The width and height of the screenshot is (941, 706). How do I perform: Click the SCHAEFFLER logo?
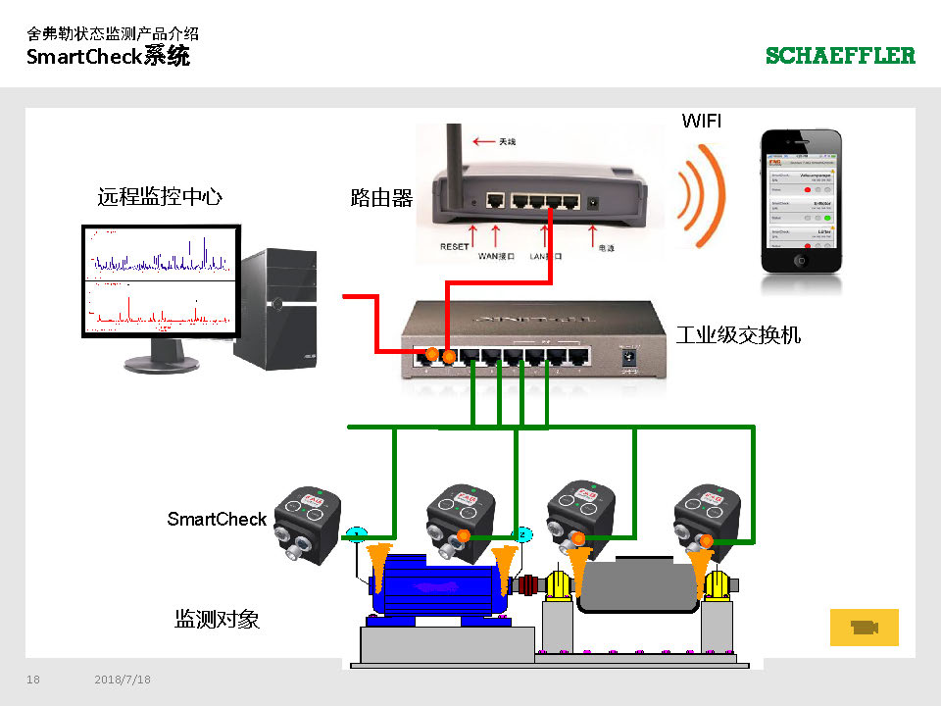(x=840, y=56)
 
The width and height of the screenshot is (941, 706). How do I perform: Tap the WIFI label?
(x=702, y=121)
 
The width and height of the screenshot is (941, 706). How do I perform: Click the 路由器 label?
(x=381, y=198)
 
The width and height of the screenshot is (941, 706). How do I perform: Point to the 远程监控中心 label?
(x=160, y=197)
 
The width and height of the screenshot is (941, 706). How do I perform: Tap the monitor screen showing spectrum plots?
(x=159, y=280)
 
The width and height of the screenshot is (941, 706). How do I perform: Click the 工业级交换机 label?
(x=738, y=335)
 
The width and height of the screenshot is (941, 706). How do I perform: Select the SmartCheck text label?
(x=217, y=519)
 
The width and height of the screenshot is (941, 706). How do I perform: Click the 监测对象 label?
(x=217, y=619)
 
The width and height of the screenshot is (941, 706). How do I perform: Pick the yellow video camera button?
(x=864, y=628)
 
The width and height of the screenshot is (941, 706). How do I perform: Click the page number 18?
(x=33, y=680)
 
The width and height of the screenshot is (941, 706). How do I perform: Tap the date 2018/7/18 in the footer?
(x=123, y=680)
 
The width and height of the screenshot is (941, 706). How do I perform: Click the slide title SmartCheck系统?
(x=109, y=57)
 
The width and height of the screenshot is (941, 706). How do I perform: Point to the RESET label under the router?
(x=455, y=247)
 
